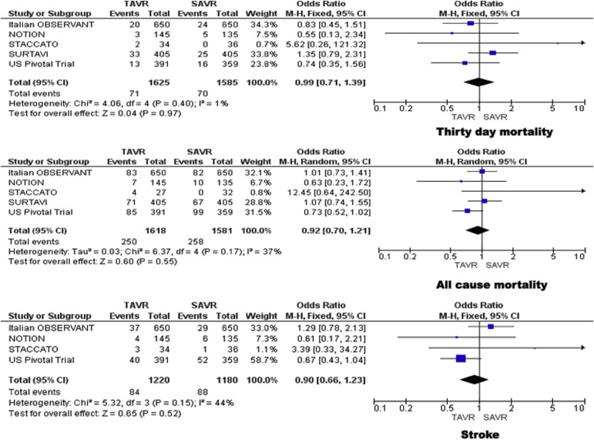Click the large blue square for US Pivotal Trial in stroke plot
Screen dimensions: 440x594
click(461, 358)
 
